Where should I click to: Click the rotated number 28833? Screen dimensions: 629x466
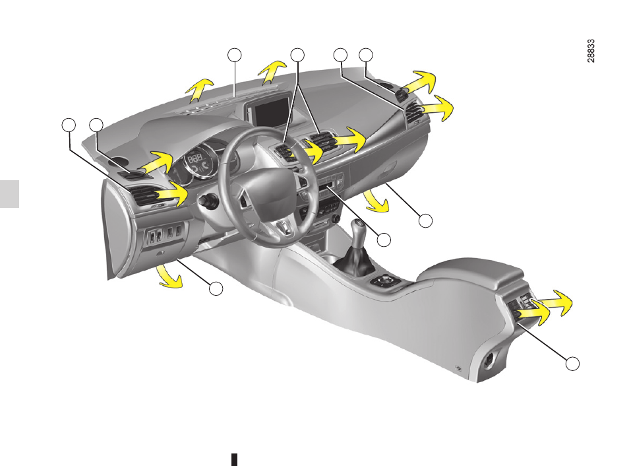pyautogui.click(x=591, y=51)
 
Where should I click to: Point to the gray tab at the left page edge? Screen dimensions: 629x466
pyautogui.click(x=9, y=194)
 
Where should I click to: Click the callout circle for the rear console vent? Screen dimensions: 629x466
pyautogui.click(x=572, y=364)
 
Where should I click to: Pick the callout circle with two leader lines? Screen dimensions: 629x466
pyautogui.click(x=297, y=55)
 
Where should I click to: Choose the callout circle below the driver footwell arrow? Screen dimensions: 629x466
pyautogui.click(x=216, y=288)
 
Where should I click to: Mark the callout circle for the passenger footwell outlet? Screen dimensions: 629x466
pyautogui.click(x=425, y=220)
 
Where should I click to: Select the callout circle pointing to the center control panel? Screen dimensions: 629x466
pyautogui.click(x=384, y=240)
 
